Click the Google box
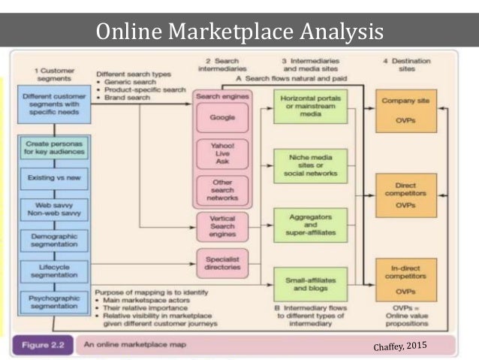(221, 118)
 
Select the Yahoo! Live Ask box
(221, 153)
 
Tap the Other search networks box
(221, 189)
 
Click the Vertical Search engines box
(221, 225)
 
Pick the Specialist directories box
(221, 262)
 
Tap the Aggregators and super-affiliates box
(309, 225)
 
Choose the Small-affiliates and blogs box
(309, 283)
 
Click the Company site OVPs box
(406, 110)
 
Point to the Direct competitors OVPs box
(406, 194)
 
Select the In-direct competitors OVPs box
(406, 280)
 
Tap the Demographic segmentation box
(54, 241)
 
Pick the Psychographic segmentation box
(54, 302)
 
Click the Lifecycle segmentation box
(54, 271)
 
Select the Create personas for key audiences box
(54, 147)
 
